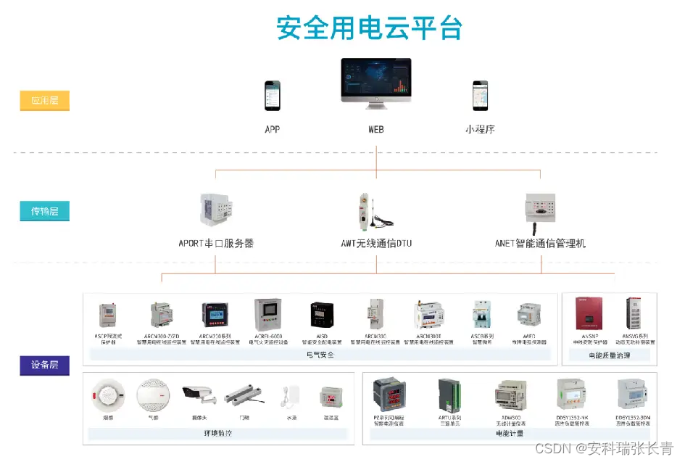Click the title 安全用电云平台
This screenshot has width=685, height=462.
point(370,28)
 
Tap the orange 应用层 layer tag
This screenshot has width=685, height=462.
point(44,101)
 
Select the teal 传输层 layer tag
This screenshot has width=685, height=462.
point(44,212)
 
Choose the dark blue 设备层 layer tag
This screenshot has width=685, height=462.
point(44,365)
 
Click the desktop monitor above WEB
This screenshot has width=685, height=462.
point(375,84)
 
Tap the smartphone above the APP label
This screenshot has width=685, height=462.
point(272,94)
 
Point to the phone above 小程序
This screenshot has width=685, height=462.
point(480,94)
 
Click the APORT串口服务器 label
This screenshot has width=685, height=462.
point(216,244)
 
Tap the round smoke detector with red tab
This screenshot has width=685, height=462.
point(107,396)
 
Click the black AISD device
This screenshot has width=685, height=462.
point(321,316)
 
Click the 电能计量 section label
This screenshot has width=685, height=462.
point(510,433)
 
